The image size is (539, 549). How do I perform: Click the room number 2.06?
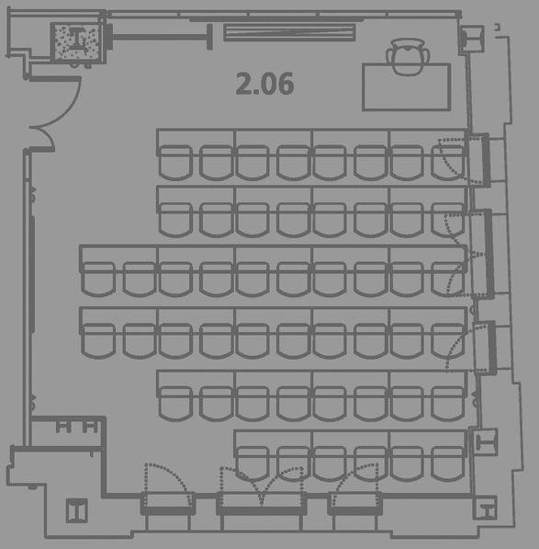coord(264,84)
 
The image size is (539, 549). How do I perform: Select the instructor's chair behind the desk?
coord(408,57)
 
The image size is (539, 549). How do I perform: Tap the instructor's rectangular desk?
coord(406,87)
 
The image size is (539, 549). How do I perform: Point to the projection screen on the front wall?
coord(289,32)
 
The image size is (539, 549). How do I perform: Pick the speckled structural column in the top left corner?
coord(78,42)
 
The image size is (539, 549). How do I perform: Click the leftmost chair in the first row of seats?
coord(175,163)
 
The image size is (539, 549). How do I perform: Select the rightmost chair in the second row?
coord(447,220)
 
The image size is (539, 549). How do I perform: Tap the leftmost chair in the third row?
coord(98,280)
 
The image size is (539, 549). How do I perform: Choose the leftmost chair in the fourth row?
coord(98,340)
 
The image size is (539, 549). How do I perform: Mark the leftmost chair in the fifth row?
coord(175,404)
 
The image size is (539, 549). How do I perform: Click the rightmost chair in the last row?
coord(447,463)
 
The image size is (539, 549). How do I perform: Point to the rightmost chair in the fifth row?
coord(447,404)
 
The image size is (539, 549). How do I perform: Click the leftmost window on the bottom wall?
coord(168,504)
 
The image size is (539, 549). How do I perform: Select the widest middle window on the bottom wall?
coord(262,504)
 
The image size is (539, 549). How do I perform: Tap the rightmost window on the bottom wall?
coord(354,504)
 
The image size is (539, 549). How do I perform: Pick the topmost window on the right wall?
coord(479,160)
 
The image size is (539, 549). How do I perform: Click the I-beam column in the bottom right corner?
coord(485,508)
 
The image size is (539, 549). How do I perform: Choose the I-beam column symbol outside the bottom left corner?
coord(77,510)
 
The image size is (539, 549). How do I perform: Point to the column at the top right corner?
coord(471,40)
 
